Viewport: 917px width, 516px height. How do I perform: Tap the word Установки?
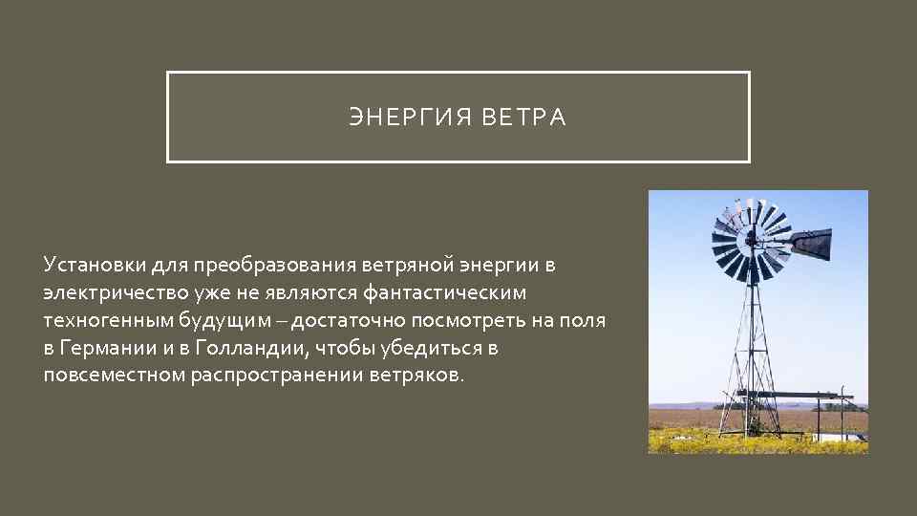tap(89, 263)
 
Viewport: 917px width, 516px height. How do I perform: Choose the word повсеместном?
tap(114, 375)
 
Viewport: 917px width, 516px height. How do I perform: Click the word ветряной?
tap(410, 263)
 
